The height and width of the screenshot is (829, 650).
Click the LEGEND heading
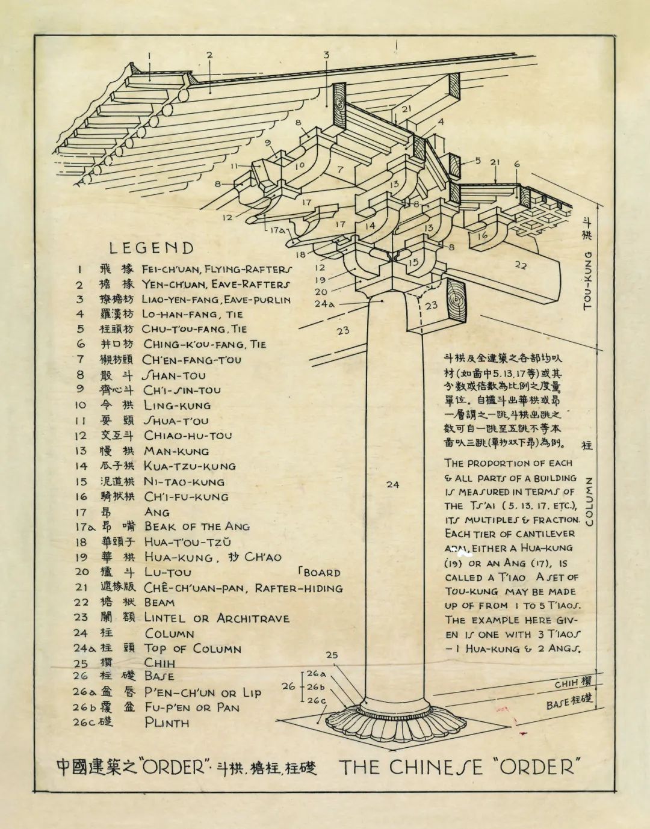152,248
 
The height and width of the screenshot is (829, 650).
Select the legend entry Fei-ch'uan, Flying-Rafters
217,270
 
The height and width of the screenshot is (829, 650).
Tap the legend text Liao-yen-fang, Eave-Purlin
216,299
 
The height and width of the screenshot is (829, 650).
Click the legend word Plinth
167,723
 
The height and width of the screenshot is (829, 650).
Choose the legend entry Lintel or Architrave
217,618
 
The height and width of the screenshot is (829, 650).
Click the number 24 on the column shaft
392,484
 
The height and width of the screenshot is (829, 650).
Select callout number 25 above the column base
332,655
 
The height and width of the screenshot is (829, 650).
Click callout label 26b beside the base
316,687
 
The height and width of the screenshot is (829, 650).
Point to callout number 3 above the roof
326,55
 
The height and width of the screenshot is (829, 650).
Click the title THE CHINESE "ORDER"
460,767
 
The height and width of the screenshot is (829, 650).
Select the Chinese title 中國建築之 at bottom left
96,767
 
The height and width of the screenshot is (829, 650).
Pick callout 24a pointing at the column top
323,304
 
